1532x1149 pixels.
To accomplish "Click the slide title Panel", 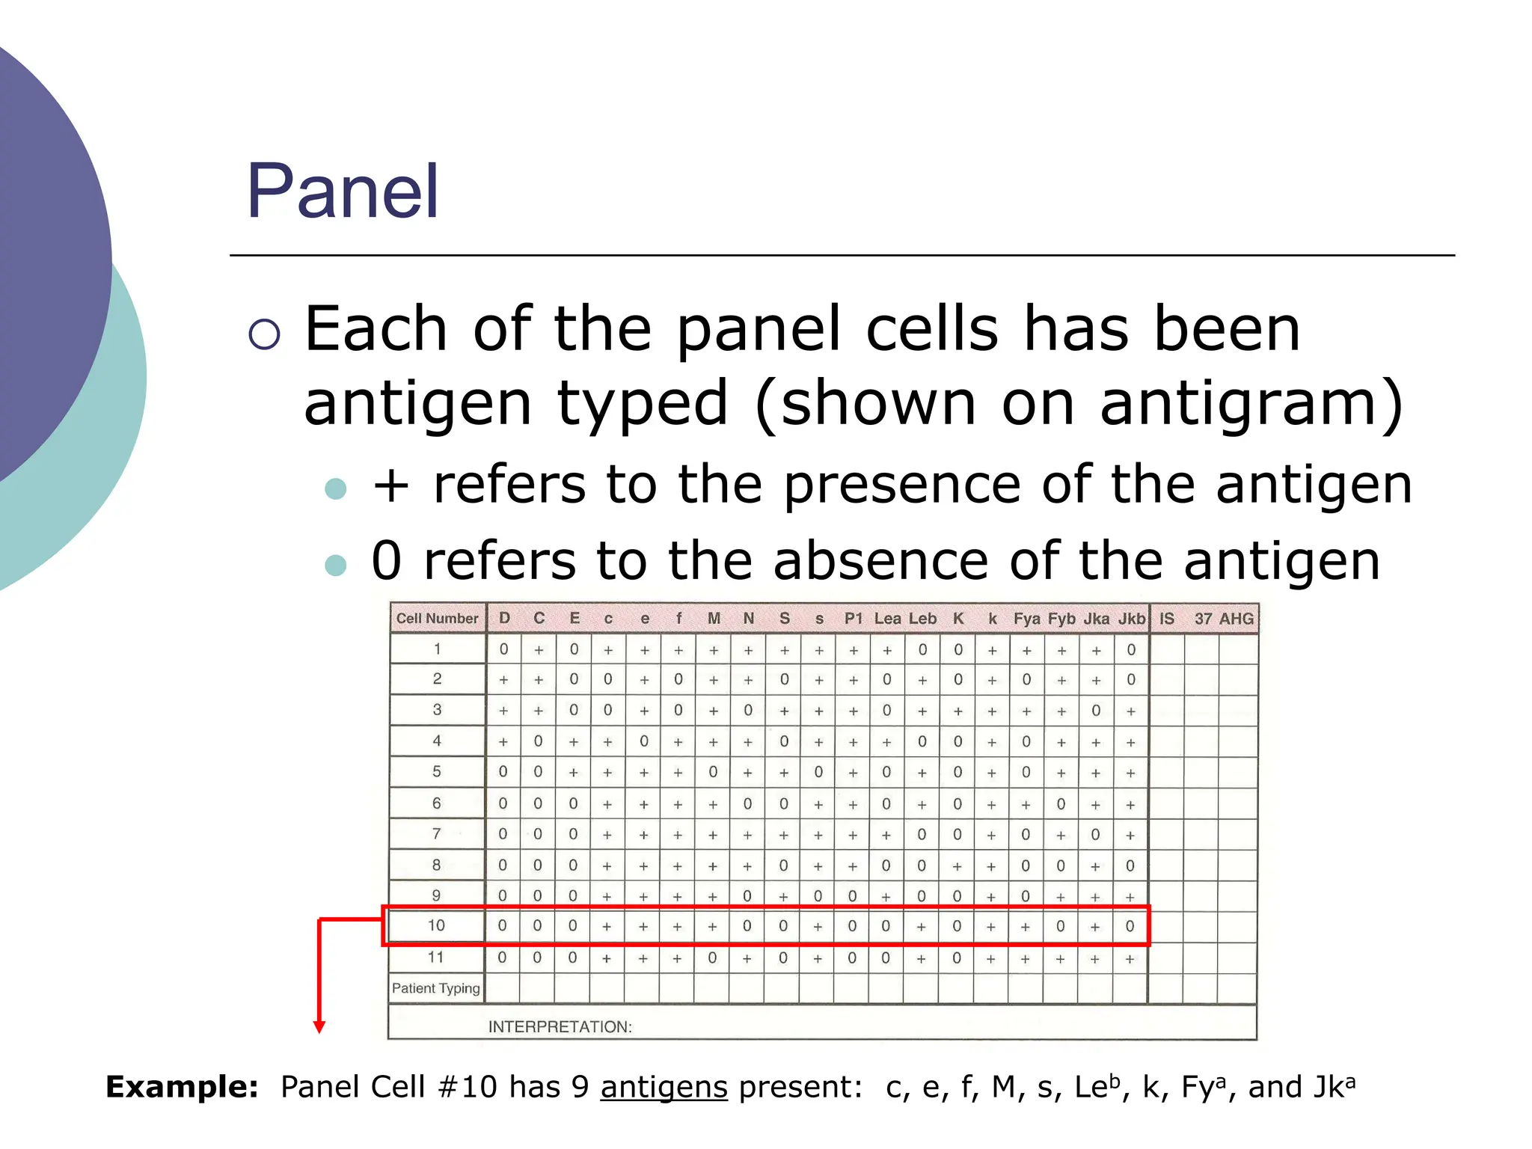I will coord(343,191).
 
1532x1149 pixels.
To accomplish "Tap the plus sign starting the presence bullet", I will coord(390,485).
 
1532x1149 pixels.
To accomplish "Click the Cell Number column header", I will coord(437,619).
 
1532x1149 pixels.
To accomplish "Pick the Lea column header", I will coord(887,619).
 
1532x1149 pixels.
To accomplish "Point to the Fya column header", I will coord(1026,619).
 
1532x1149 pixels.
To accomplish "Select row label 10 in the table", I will coord(436,925).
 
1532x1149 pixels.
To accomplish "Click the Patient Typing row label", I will coord(436,988).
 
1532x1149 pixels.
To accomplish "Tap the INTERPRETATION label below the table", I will coord(560,1026).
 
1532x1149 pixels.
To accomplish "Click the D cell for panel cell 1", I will coord(503,649).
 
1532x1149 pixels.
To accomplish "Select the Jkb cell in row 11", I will coord(1130,958).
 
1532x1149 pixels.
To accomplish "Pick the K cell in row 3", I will coord(957,711).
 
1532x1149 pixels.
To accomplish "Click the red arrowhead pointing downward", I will coord(319,1027).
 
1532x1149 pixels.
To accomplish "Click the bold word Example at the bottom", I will coord(182,1087).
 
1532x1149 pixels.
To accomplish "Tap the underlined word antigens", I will coord(664,1087).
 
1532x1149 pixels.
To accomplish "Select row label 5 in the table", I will coord(437,771).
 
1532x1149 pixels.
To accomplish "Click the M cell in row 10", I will coord(712,926).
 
